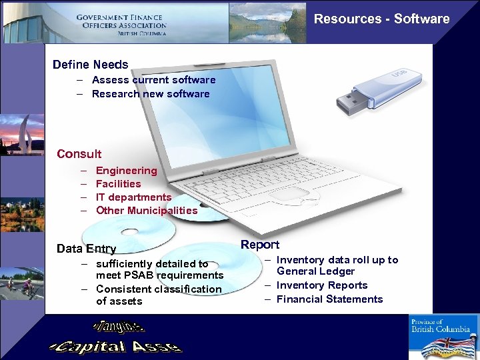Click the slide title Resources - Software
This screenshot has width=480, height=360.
(381, 19)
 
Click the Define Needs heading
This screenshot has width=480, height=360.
(91, 65)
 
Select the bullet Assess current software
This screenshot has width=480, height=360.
(153, 80)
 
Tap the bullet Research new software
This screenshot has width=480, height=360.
(151, 94)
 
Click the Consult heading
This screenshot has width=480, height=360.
(79, 154)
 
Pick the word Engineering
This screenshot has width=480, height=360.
(127, 171)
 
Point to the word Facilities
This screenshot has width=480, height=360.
(119, 184)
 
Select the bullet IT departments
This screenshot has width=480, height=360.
(133, 197)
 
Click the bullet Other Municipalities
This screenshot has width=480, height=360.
(147, 211)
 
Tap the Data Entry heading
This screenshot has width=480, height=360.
(87, 249)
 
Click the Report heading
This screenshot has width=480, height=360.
(260, 245)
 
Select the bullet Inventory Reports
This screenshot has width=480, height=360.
(322, 285)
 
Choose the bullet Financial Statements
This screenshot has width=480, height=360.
(329, 299)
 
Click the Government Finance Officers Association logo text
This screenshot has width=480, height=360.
(121, 25)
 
